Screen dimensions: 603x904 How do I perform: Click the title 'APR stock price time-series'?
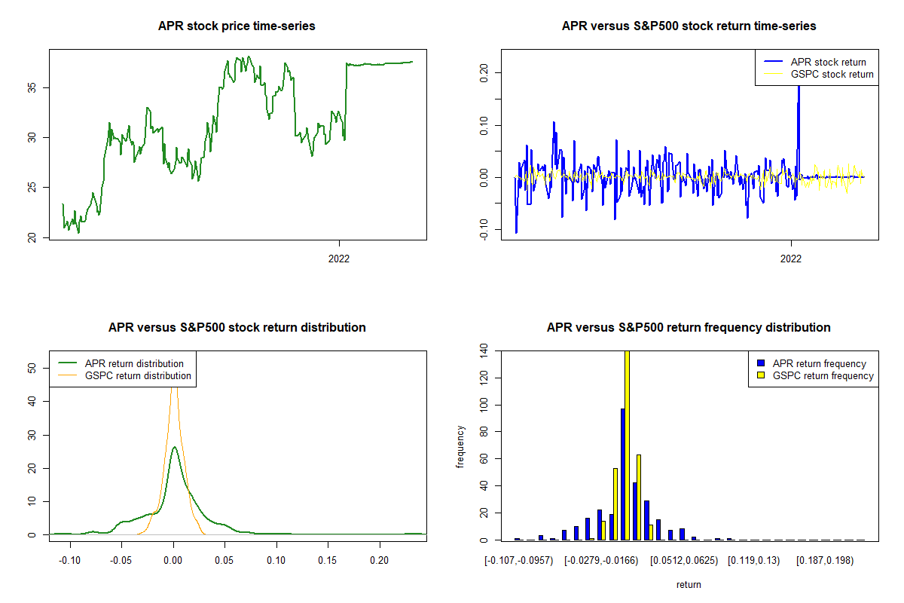(237, 26)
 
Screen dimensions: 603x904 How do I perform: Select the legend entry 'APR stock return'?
(828, 62)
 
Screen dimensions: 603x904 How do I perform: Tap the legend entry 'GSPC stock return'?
(832, 74)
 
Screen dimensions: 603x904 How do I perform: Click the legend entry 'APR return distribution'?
(134, 363)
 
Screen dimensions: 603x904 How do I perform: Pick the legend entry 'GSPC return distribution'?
(138, 375)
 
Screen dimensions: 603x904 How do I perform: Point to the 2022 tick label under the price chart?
(340, 259)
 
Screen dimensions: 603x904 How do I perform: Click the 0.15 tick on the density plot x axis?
(328, 561)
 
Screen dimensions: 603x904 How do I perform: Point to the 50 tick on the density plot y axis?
(32, 369)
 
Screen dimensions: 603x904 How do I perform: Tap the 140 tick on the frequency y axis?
(483, 350)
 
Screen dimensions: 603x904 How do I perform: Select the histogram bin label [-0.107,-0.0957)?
(519, 561)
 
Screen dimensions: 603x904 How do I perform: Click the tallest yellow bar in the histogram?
(627, 445)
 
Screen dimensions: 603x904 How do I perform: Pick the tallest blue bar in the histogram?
(623, 474)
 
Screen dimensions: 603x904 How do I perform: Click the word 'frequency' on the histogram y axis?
(460, 447)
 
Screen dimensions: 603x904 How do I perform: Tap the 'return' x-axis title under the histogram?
(689, 584)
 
